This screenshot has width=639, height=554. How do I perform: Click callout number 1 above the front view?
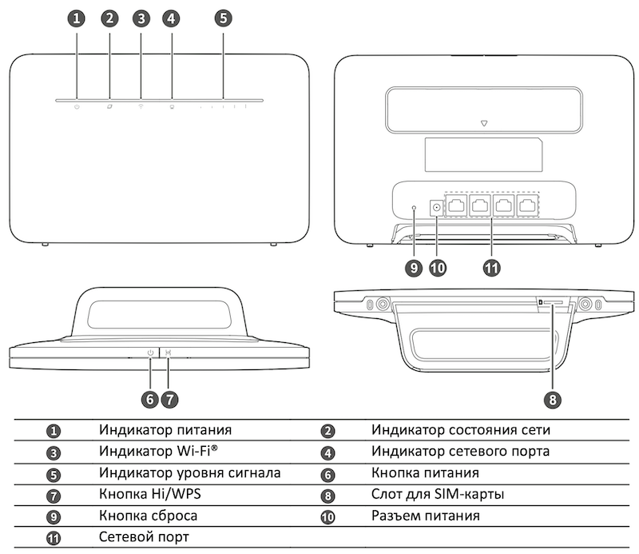[77, 18]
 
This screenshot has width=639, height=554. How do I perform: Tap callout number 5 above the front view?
[223, 18]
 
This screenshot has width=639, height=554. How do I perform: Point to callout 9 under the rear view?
[414, 268]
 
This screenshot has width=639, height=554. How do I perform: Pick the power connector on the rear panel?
[436, 208]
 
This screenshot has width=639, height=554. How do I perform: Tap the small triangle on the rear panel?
[484, 124]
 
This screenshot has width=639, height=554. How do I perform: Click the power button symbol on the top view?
[150, 352]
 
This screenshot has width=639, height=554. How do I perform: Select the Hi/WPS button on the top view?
[168, 352]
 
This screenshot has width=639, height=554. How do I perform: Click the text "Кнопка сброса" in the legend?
[149, 516]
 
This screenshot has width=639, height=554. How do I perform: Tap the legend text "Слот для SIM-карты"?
[437, 494]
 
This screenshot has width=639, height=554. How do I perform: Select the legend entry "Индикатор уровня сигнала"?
[190, 473]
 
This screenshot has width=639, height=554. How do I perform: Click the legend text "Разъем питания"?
[425, 516]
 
